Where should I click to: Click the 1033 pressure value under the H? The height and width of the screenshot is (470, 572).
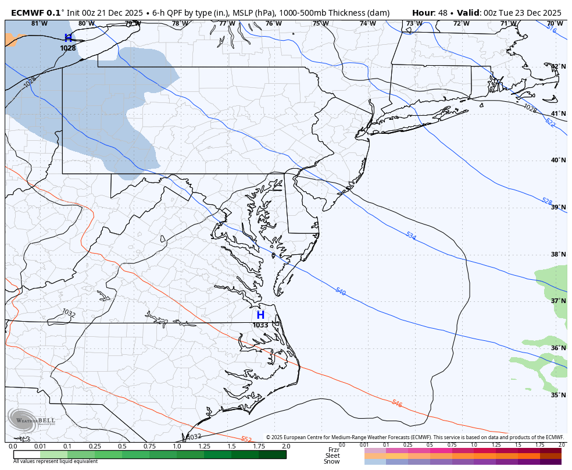(260, 325)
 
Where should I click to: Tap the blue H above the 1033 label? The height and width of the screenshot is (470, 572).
(260, 315)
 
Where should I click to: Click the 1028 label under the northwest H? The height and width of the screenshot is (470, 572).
(68, 48)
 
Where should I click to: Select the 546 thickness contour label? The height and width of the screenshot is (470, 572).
(397, 403)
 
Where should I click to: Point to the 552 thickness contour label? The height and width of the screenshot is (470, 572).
(246, 439)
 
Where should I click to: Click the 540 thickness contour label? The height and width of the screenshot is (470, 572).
(341, 291)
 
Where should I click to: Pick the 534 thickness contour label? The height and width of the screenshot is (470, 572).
(411, 236)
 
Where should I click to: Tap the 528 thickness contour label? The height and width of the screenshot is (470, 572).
(547, 201)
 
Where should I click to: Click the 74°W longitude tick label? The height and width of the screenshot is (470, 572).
(367, 23)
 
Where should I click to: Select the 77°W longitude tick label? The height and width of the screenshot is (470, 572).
(227, 23)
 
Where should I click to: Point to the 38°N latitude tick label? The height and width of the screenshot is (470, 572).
(558, 254)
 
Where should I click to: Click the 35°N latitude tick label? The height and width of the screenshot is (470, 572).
(558, 395)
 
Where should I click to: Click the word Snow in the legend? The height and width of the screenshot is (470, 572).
(332, 462)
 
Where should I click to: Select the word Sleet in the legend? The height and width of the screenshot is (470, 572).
(332, 456)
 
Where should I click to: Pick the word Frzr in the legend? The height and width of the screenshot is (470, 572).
(333, 450)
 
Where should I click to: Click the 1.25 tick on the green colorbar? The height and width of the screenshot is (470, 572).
(204, 446)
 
